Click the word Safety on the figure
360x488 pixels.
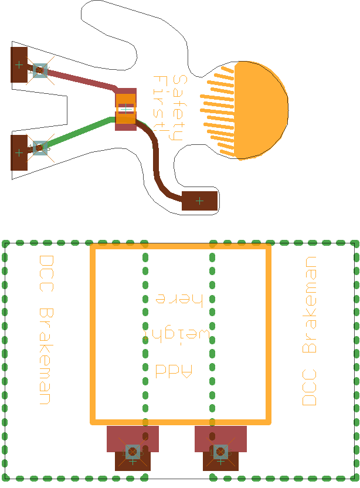179,108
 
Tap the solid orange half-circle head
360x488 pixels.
261,110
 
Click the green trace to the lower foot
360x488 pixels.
79,132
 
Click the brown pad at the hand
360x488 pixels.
199,201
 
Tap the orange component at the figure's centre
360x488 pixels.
125,109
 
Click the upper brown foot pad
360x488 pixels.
19,65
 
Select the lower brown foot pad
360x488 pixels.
19,152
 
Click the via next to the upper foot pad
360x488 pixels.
40,70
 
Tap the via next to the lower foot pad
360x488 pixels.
40,148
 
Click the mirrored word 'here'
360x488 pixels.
179,299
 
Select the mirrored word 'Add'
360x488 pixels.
174,371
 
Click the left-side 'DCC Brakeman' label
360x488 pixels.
46,330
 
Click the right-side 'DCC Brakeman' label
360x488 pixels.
309,331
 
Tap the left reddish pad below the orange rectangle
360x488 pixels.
133,439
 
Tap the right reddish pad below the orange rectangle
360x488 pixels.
220,439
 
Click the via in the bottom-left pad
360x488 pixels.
133,451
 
